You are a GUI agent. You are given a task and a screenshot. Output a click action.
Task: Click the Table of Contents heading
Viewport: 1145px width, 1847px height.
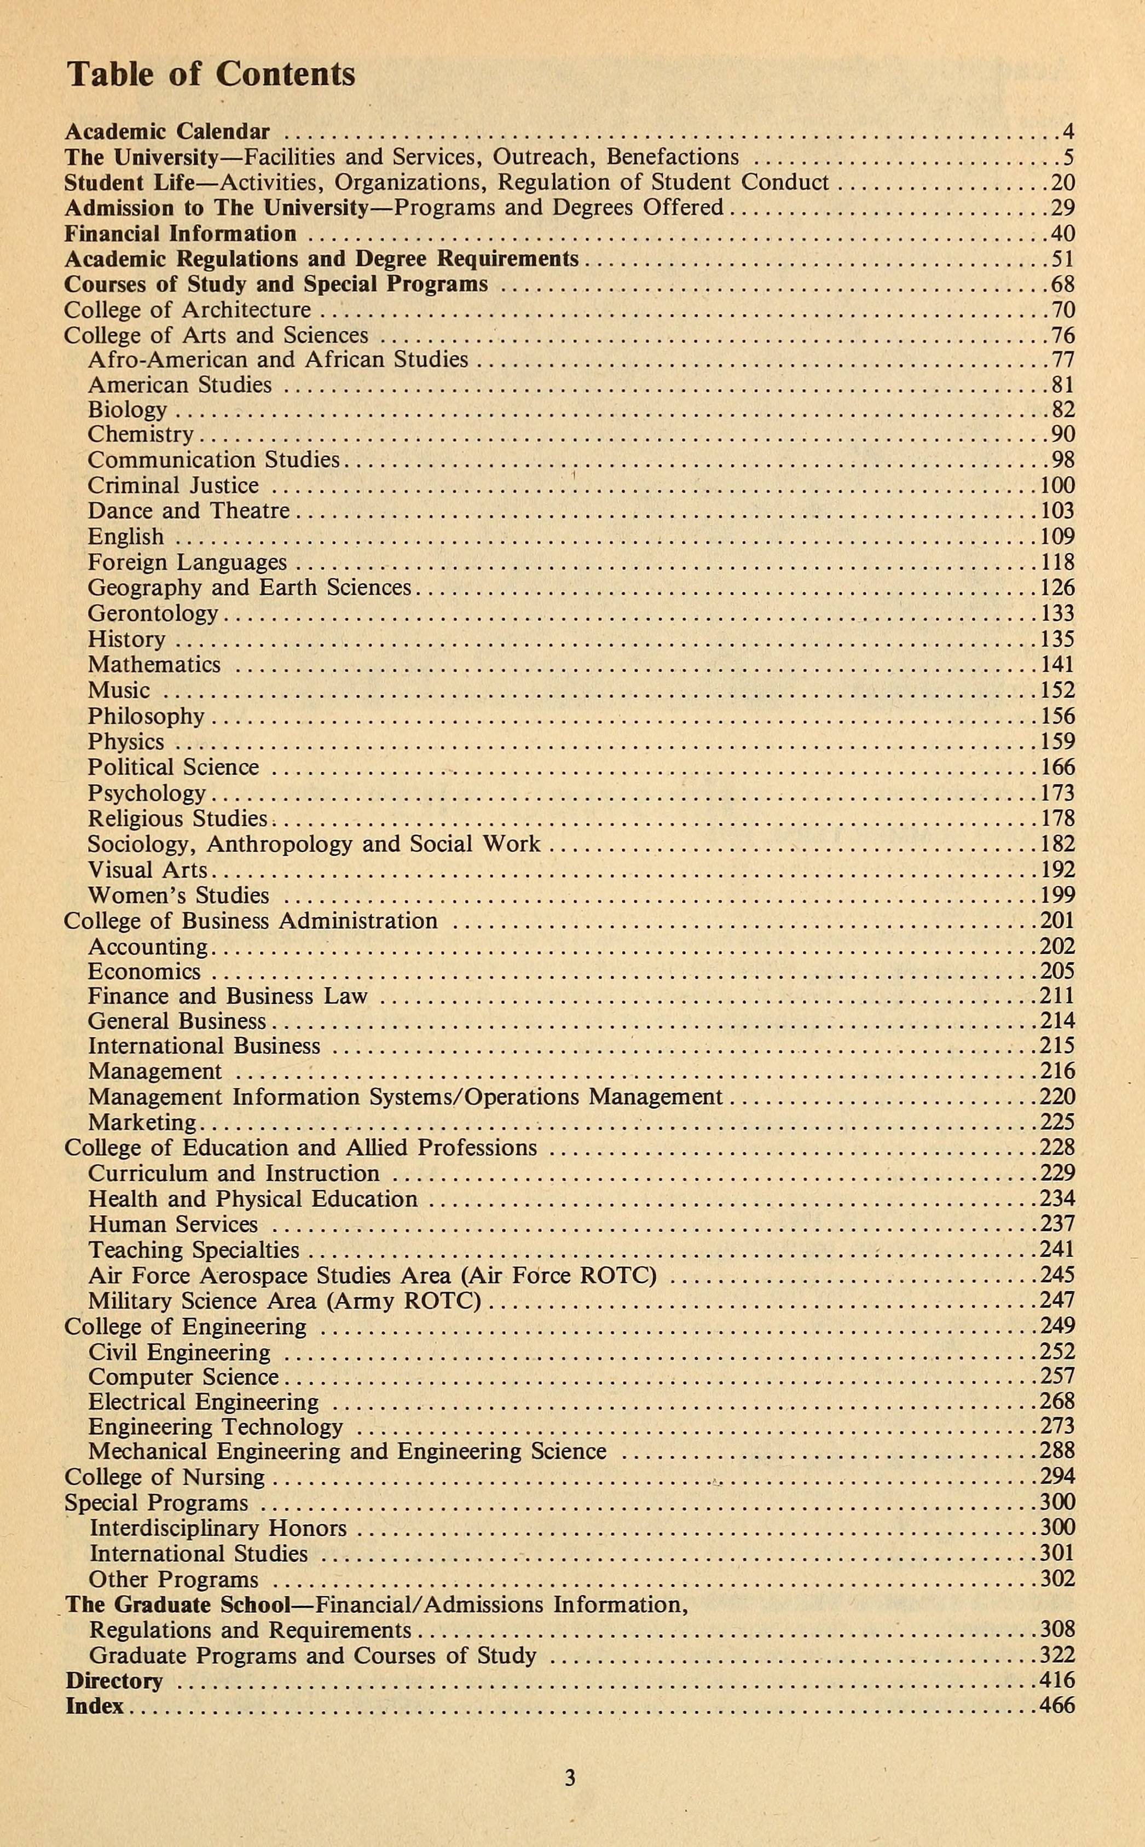tap(211, 75)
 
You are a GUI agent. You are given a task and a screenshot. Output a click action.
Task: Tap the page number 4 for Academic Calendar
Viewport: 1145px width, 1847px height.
tap(1068, 132)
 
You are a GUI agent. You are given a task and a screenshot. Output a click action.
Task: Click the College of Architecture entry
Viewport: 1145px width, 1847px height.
tap(187, 310)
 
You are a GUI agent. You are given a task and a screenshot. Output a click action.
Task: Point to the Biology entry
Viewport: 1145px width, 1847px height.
tap(126, 410)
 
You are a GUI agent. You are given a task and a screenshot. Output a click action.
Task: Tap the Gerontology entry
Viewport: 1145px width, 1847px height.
tap(152, 613)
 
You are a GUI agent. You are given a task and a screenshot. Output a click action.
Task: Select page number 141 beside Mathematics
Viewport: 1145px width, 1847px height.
tap(1057, 665)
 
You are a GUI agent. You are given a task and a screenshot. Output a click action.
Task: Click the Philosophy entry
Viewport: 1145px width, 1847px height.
tap(146, 716)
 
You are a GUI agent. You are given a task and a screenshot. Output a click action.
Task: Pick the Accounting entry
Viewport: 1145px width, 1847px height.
tap(148, 947)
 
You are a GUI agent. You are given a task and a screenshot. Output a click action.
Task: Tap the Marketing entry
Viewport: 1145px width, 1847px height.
tap(142, 1123)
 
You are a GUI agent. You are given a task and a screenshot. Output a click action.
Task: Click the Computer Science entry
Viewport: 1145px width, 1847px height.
tap(183, 1377)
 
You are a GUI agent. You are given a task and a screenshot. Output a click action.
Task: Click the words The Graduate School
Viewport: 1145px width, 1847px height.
tap(178, 1605)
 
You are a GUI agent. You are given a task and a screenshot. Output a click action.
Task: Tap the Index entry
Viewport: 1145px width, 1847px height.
tap(95, 1706)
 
